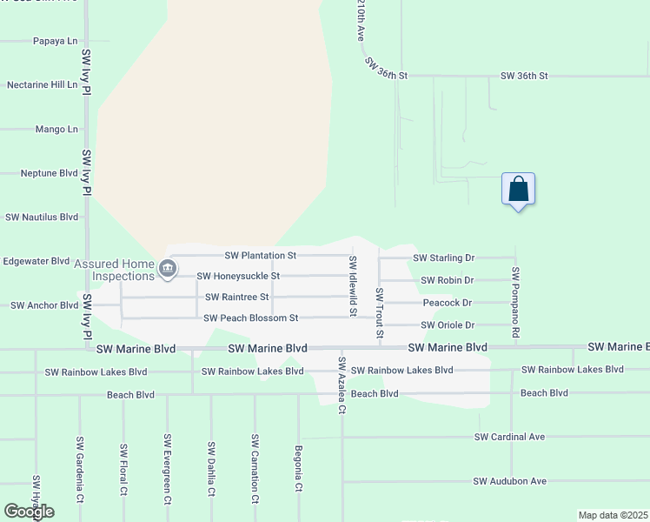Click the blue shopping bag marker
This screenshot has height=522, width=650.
click(x=518, y=190)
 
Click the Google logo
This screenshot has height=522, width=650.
click(x=29, y=512)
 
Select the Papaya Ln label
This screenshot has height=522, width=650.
click(x=55, y=41)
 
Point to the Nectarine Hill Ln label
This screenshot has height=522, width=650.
click(x=42, y=84)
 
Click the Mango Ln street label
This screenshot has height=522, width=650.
click(x=56, y=130)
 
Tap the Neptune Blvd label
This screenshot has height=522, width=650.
click(x=49, y=173)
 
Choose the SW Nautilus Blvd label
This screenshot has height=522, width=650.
click(x=42, y=217)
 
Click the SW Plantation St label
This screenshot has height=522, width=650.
click(x=261, y=256)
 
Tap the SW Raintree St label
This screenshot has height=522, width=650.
click(x=237, y=297)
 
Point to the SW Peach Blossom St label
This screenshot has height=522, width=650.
click(x=250, y=318)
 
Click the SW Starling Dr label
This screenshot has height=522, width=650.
click(x=443, y=258)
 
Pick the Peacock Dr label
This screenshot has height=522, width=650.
click(x=447, y=303)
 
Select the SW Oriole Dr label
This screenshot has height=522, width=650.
click(x=447, y=325)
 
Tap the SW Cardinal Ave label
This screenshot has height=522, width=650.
click(x=509, y=437)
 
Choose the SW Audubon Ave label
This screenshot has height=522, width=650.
click(x=509, y=481)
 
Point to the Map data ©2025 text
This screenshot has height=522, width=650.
click(x=613, y=515)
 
